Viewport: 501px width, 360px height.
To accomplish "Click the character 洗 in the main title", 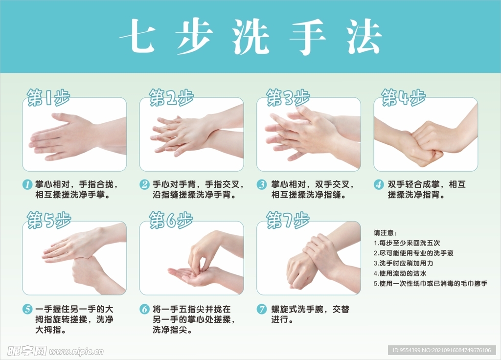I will [x=250, y=37].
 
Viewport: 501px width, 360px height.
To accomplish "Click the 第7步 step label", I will [x=288, y=220].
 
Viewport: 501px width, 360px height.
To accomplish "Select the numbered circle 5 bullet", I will [x=27, y=309].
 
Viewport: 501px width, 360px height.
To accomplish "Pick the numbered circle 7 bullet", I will [x=262, y=309].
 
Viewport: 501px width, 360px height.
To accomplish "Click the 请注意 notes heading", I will [x=385, y=233].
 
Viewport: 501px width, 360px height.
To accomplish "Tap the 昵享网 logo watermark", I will [x=27, y=351].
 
